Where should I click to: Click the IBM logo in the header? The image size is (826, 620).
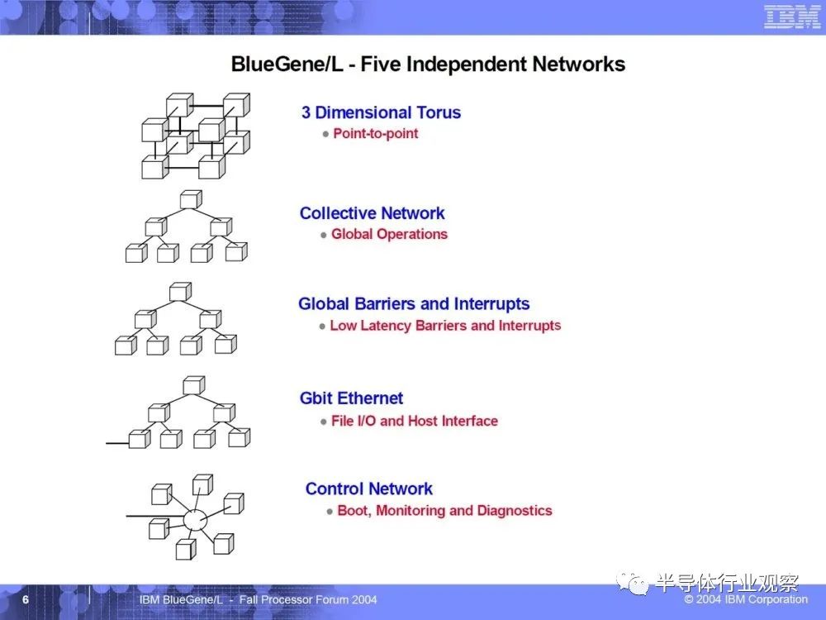click(792, 17)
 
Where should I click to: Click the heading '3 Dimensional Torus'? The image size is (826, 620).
click(381, 112)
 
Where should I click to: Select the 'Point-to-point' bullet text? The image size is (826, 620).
click(376, 133)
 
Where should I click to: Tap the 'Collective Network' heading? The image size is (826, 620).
click(372, 213)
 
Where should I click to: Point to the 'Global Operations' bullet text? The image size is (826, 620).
click(389, 234)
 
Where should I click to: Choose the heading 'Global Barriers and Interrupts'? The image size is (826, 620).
click(414, 303)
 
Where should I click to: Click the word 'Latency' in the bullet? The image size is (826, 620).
click(386, 326)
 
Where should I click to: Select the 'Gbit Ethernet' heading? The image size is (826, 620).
click(351, 398)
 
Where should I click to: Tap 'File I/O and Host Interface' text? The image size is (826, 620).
click(415, 421)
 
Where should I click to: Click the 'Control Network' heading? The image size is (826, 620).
click(368, 489)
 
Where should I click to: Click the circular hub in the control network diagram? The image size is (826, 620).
click(195, 520)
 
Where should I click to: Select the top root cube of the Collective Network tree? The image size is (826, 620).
click(191, 199)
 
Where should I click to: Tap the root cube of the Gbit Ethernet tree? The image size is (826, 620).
click(194, 385)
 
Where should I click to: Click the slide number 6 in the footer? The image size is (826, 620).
click(26, 599)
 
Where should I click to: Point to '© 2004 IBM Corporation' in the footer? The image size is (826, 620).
click(746, 599)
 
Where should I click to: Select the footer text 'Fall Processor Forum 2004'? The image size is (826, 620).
click(308, 599)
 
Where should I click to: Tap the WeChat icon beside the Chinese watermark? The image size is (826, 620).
click(632, 584)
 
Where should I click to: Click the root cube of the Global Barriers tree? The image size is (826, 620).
click(180, 292)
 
